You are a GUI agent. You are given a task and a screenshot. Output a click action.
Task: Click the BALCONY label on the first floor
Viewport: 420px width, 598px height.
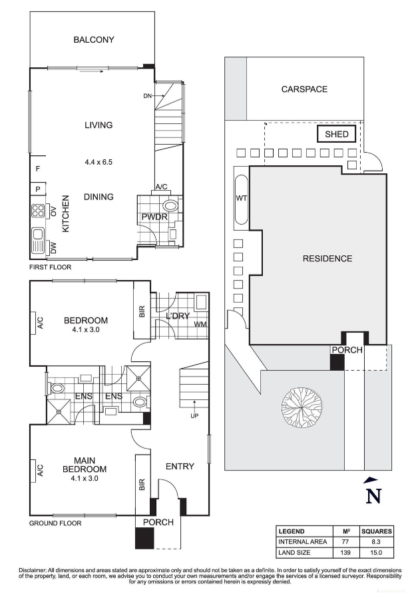pos(94,40)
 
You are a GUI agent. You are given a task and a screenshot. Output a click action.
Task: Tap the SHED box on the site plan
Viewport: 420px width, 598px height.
pos(337,135)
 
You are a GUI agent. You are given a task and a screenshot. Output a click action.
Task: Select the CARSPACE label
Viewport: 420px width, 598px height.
pos(304,89)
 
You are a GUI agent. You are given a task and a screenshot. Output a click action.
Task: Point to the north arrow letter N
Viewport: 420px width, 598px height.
pos(374,496)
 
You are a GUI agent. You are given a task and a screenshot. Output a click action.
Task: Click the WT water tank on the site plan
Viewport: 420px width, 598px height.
pos(241,199)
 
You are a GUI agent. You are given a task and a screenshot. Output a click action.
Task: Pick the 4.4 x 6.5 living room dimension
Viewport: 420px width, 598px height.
pos(99,162)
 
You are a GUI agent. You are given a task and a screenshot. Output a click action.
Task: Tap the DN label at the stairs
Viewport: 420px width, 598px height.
pos(147,97)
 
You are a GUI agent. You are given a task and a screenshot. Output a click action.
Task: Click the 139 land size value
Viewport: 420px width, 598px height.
pos(346,553)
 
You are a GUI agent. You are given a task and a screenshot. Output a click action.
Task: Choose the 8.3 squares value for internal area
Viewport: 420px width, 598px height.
pos(377,542)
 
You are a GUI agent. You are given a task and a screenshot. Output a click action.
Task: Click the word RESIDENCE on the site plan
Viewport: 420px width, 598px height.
pos(327,259)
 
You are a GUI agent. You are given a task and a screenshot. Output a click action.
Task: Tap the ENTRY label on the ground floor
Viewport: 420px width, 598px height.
pos(180,467)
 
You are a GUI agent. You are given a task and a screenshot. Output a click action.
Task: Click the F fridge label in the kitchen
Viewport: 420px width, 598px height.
pos(38,169)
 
